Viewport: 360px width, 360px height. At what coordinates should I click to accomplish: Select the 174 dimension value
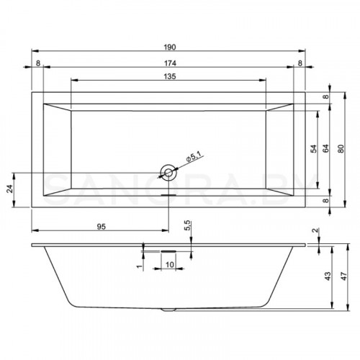[x=170, y=63]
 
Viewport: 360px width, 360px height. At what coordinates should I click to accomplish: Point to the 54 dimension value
[x=312, y=149]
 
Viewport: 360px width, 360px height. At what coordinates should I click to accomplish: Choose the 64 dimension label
[x=325, y=149]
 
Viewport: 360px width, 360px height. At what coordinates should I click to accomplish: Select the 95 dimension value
[x=102, y=226]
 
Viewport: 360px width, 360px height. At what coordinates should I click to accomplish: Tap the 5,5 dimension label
[x=187, y=226]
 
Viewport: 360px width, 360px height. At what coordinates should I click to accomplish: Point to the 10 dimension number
[x=170, y=265]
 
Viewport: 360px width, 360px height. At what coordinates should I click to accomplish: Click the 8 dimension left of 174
[x=37, y=63]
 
